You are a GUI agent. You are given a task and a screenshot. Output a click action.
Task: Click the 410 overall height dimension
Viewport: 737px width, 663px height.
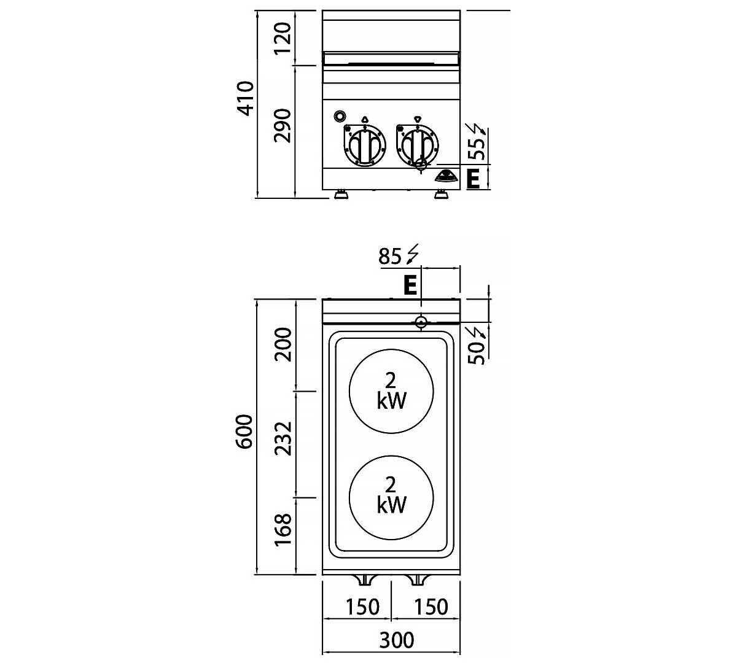tap(246, 98)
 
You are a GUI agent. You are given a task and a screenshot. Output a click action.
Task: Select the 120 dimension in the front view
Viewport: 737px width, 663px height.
tap(283, 38)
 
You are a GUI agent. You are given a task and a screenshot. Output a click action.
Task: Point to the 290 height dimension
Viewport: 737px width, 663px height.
tap(283, 125)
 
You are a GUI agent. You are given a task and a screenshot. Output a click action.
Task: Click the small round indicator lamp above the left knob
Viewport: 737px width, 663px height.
tap(339, 116)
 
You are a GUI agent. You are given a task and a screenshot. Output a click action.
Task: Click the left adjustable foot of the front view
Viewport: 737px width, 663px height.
tap(340, 195)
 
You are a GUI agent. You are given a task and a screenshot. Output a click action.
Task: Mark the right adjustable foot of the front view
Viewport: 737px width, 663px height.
tap(441, 195)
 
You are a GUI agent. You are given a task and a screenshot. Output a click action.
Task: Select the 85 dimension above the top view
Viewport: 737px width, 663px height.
tap(390, 255)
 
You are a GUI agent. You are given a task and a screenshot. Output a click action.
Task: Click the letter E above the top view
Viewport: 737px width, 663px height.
tap(410, 285)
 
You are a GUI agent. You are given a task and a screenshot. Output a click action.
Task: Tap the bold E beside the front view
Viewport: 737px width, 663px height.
tap(473, 179)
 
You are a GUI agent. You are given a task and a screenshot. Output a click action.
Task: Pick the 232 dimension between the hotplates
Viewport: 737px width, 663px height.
tap(283, 438)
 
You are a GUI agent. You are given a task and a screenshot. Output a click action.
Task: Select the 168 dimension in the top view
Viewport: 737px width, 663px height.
tap(283, 530)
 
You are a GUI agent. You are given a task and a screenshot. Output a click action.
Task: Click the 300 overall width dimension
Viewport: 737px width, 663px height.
tap(396, 640)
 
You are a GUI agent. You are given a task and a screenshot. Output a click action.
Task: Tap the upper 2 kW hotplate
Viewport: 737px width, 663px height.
tap(391, 390)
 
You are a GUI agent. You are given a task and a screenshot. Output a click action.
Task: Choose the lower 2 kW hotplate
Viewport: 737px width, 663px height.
tap(391, 496)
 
